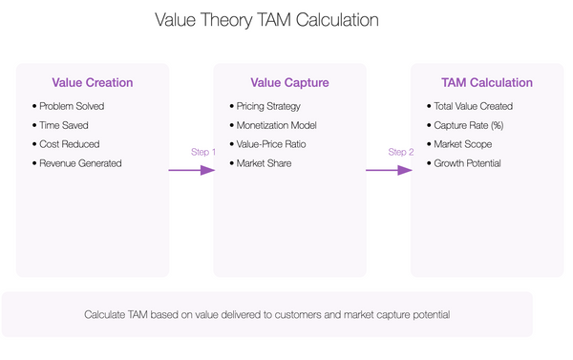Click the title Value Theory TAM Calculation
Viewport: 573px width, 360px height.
(x=266, y=20)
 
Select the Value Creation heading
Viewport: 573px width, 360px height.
(x=93, y=83)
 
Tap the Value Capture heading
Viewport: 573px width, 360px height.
(x=289, y=83)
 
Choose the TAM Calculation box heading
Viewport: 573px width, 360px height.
(x=487, y=83)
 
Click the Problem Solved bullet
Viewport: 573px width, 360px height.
(x=71, y=106)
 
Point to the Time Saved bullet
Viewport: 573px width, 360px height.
(x=64, y=125)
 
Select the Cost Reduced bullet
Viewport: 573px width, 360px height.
(x=69, y=144)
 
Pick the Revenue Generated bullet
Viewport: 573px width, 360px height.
(x=79, y=163)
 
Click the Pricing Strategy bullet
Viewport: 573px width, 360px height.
(x=268, y=106)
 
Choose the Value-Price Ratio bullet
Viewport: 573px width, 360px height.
(x=271, y=144)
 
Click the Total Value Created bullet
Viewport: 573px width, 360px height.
(x=473, y=106)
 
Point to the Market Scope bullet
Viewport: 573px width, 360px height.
(x=461, y=144)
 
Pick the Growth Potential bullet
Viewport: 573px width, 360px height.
(x=467, y=163)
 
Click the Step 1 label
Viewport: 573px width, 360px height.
(x=204, y=153)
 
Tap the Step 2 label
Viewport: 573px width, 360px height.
(x=401, y=153)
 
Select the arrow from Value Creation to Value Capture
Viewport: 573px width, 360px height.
(x=191, y=171)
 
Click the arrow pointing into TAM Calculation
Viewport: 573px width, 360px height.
(x=389, y=171)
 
